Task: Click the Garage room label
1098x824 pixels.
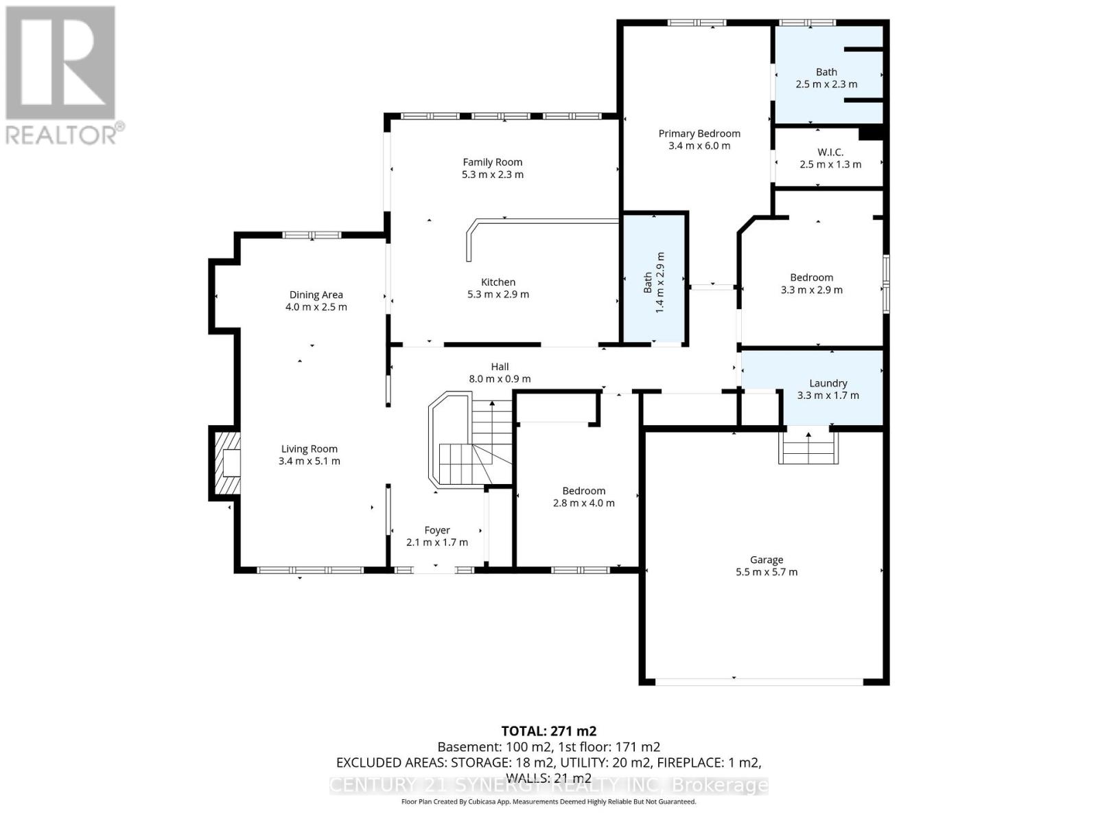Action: tap(766, 560)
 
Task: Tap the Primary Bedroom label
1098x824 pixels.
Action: tap(699, 133)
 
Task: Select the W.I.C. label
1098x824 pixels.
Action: tap(830, 152)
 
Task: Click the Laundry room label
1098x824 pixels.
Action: tap(828, 383)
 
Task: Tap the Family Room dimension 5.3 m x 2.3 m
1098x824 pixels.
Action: tap(492, 174)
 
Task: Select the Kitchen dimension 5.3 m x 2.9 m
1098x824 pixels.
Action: tap(498, 294)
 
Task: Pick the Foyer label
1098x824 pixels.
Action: tap(437, 530)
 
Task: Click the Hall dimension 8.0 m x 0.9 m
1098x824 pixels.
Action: tap(500, 378)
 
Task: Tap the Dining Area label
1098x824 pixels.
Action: tap(316, 295)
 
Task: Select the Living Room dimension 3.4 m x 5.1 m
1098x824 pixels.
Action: tap(309, 461)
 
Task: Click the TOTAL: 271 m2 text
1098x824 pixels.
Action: tap(548, 731)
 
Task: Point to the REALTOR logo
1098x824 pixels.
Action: tap(63, 76)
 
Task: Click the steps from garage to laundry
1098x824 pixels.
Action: tap(808, 448)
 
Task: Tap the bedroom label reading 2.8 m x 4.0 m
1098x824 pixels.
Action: tap(583, 503)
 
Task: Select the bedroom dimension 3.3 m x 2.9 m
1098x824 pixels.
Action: tap(811, 290)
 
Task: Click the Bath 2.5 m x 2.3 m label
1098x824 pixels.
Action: tap(826, 78)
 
